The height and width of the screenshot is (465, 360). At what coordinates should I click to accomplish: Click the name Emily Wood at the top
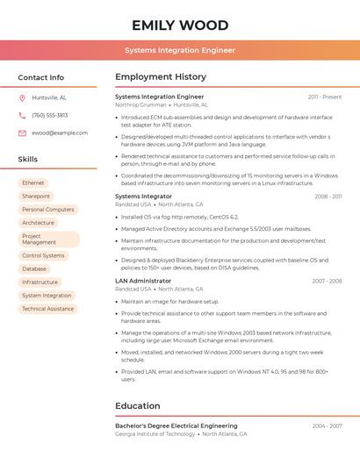tap(180, 25)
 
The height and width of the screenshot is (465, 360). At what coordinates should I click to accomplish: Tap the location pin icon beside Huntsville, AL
tap(22, 97)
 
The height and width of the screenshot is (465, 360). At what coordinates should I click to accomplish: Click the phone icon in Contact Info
tap(22, 115)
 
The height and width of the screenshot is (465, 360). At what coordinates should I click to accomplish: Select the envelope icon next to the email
tap(22, 132)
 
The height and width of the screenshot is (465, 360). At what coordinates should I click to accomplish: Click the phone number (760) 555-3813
tap(49, 115)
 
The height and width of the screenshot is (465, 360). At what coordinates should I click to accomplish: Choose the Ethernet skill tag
tap(33, 183)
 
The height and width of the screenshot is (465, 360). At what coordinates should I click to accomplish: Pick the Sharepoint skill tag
tap(36, 197)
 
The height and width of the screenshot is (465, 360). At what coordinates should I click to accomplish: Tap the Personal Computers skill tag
tap(47, 210)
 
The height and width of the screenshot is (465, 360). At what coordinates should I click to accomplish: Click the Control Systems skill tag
tap(43, 256)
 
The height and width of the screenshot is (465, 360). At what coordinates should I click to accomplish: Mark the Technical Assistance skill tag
tap(47, 309)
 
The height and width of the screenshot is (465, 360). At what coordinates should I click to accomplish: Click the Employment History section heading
tap(161, 77)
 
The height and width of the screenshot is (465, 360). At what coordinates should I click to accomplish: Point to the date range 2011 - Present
tap(324, 97)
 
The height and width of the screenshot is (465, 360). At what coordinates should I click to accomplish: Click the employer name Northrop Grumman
tap(140, 104)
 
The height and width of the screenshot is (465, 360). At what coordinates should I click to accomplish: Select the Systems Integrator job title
tap(145, 197)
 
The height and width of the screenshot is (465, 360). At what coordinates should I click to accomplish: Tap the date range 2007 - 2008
tap(327, 281)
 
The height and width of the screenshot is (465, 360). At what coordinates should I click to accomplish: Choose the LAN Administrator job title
tap(143, 281)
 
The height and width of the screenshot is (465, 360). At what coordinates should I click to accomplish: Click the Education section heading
tap(137, 406)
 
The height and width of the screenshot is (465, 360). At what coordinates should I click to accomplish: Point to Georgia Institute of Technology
tap(155, 433)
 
